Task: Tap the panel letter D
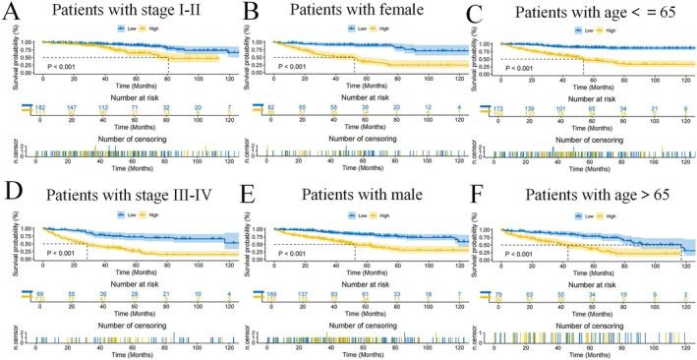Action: tap(15, 195)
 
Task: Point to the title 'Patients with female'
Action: tap(354, 15)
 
